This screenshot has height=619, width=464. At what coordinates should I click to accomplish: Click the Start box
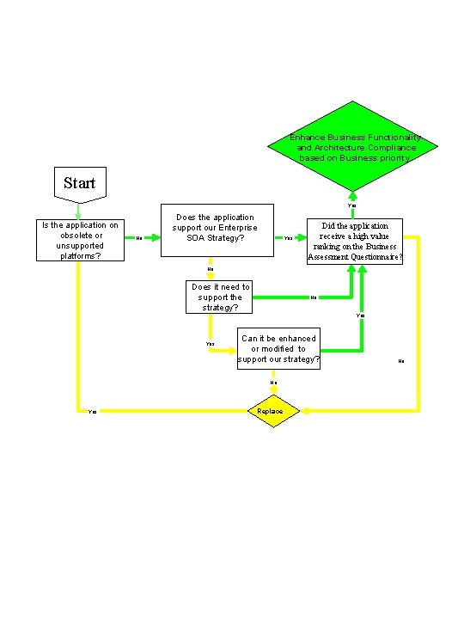click(x=80, y=182)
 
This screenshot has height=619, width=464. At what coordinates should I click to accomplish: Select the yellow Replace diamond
click(x=274, y=412)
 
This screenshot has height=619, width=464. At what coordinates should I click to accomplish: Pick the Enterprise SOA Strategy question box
click(x=219, y=230)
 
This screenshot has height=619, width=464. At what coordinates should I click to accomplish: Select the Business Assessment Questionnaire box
click(x=355, y=241)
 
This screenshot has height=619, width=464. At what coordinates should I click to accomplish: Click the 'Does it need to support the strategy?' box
click(x=220, y=297)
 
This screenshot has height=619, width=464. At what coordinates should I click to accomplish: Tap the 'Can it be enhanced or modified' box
click(x=278, y=349)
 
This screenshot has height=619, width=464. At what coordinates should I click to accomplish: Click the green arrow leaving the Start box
click(x=79, y=208)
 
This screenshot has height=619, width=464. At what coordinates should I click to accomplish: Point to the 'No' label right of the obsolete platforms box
click(x=139, y=238)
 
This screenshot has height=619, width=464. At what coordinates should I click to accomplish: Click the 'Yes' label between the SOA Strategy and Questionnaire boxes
click(x=288, y=238)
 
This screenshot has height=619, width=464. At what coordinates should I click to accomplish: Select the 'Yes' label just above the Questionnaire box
click(x=351, y=205)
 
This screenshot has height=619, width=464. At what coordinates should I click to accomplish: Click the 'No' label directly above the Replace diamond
click(x=273, y=383)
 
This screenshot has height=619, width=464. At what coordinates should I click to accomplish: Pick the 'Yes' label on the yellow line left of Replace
click(x=92, y=412)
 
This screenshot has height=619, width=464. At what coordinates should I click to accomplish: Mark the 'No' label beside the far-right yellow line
click(x=401, y=361)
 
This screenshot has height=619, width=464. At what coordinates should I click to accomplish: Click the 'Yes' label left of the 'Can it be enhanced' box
click(x=210, y=344)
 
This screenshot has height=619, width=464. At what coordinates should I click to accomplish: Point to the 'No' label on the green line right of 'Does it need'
click(x=313, y=298)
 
